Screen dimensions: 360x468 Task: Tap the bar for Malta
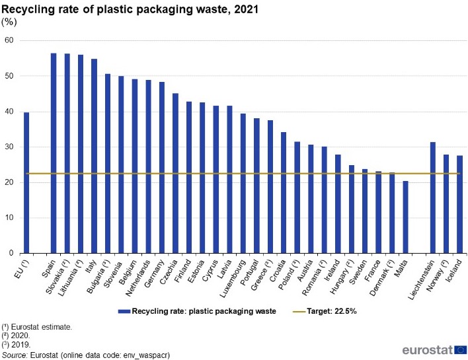click(405, 217)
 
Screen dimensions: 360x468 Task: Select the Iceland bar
click(459, 204)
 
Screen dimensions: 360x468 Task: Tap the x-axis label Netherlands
click(140, 277)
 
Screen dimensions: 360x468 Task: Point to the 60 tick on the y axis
click(9, 40)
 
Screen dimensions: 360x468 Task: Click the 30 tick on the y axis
click(9, 147)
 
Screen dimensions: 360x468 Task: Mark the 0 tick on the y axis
click(11, 253)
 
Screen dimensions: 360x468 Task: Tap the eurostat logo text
click(426, 350)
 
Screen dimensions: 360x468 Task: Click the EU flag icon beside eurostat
click(460, 349)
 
